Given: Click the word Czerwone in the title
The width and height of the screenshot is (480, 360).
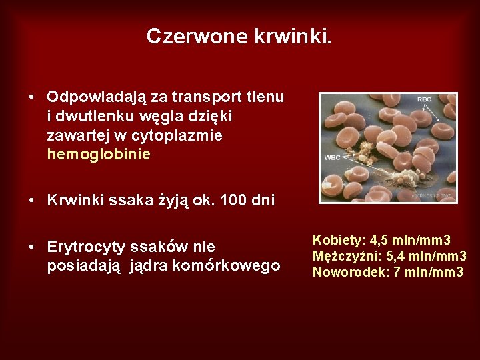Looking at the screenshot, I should (x=197, y=36).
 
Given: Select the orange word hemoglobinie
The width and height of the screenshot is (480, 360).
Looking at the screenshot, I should (x=99, y=155).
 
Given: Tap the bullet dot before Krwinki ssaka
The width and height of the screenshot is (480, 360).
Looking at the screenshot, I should (x=32, y=200).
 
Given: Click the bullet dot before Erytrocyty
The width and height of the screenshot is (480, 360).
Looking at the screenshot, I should (x=32, y=247).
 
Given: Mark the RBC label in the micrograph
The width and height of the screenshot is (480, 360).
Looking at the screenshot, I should (x=424, y=99).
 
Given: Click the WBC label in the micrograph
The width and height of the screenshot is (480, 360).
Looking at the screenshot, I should (x=332, y=158).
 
